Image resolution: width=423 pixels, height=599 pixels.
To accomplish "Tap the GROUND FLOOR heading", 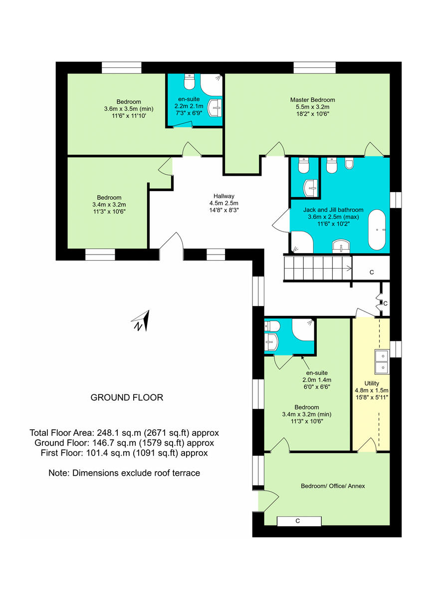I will [x=127, y=398].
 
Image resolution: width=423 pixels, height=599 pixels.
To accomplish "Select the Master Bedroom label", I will [x=313, y=100].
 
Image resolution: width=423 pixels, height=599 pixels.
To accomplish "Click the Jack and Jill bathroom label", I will [x=333, y=210].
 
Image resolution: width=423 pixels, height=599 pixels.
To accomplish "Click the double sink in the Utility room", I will [x=382, y=362].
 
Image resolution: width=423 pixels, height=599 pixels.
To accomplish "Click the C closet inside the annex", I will [x=298, y=521].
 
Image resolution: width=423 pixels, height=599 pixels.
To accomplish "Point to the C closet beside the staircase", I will [x=371, y=273].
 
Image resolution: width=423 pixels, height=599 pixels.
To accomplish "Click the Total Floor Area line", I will [x=125, y=433].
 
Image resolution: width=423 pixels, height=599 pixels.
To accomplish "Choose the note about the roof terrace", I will [x=124, y=473].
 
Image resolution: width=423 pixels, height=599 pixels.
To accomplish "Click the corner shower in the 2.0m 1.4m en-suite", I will [x=303, y=330].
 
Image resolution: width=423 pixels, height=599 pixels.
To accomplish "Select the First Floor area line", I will [x=124, y=453].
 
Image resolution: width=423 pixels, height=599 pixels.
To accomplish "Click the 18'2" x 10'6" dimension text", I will [x=313, y=113].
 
